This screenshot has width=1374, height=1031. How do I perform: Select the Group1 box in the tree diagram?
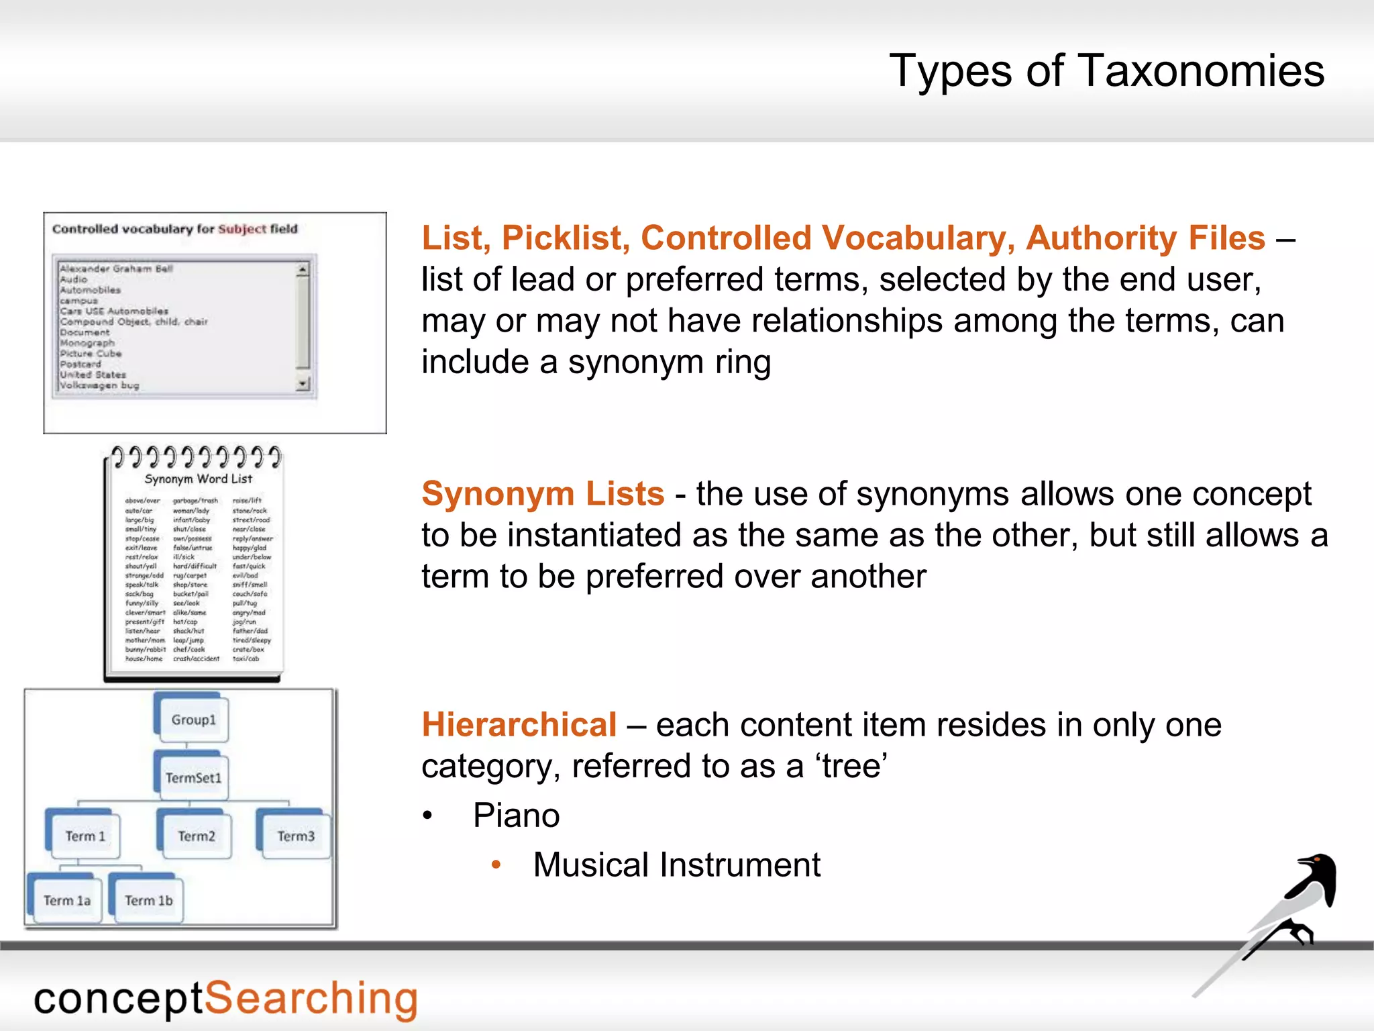pyautogui.click(x=193, y=720)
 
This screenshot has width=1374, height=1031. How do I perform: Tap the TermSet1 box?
pyautogui.click(x=193, y=777)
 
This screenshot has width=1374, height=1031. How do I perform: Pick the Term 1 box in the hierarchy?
pyautogui.click(x=85, y=836)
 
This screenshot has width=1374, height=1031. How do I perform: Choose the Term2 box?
pyautogui.click(x=196, y=836)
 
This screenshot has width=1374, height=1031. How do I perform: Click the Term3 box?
pyautogui.click(x=295, y=836)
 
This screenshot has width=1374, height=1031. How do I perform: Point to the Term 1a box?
pyautogui.click(x=66, y=900)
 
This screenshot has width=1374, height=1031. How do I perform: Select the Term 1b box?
pyautogui.click(x=148, y=900)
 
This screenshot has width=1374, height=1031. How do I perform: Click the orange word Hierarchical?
pyautogui.click(x=519, y=725)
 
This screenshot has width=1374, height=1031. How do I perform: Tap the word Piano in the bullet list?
pyautogui.click(x=516, y=816)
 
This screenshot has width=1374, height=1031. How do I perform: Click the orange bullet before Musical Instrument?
pyautogui.click(x=496, y=865)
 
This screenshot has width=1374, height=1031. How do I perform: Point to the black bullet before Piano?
pyautogui.click(x=427, y=816)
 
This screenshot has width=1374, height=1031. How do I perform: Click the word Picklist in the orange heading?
pyautogui.click(x=566, y=238)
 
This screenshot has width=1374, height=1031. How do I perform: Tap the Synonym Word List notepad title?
pyautogui.click(x=198, y=479)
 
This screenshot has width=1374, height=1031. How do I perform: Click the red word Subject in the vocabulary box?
pyautogui.click(x=242, y=229)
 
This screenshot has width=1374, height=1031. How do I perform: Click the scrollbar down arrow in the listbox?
pyautogui.click(x=303, y=384)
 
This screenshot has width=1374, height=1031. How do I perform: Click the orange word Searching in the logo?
pyautogui.click(x=311, y=999)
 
